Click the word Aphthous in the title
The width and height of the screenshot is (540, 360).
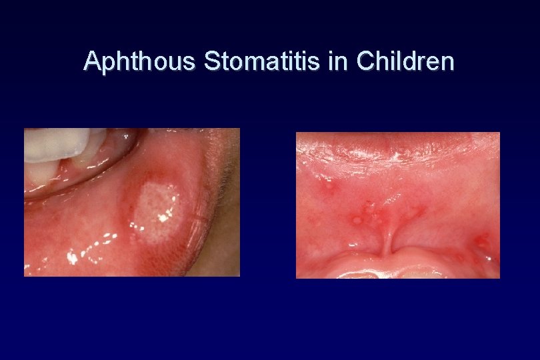pos(141,61)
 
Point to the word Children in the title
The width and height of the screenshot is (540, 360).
pos(405,61)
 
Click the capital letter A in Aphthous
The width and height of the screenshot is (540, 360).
pos(92,61)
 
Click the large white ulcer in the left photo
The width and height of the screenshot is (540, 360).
pos(155,209)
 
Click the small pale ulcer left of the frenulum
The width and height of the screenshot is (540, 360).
pos(357,219)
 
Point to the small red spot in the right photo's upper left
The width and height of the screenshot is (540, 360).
pos(327,187)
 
